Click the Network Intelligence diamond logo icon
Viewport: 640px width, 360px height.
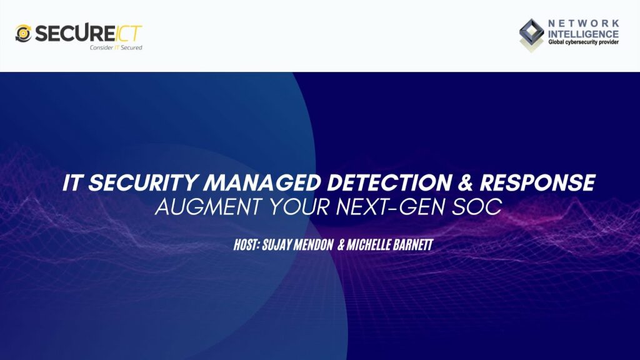click(532, 34)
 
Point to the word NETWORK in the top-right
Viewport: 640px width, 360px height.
click(583, 23)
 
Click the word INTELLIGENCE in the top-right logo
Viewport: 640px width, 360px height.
click(583, 33)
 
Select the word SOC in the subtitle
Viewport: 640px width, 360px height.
click(479, 207)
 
